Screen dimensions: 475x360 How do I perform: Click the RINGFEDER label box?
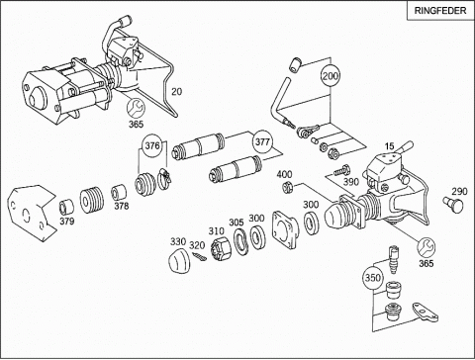tap(440, 10)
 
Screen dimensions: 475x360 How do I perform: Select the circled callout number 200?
tap(331, 76)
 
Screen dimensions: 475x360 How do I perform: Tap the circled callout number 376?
tap(152, 145)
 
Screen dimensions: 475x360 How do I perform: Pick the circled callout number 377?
tap(262, 142)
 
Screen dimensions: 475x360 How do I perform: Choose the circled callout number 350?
tap(372, 278)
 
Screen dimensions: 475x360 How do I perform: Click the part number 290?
tap(459, 192)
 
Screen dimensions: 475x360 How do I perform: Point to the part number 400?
tap(284, 174)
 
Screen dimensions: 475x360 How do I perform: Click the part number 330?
tap(178, 241)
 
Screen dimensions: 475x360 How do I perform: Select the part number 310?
tap(216, 230)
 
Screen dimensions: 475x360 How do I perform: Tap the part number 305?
tap(237, 223)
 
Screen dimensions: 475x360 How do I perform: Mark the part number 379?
tap(67, 221)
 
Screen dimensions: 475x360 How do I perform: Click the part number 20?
tap(176, 91)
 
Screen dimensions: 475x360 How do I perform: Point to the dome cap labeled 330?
tap(178, 261)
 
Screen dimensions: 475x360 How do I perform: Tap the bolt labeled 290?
tap(453, 206)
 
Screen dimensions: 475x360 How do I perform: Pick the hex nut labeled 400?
tap(288, 187)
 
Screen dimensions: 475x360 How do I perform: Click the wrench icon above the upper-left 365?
tap(136, 108)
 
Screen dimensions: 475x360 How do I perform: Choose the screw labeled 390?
tap(341, 171)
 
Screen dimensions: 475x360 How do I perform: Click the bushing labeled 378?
tap(120, 193)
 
